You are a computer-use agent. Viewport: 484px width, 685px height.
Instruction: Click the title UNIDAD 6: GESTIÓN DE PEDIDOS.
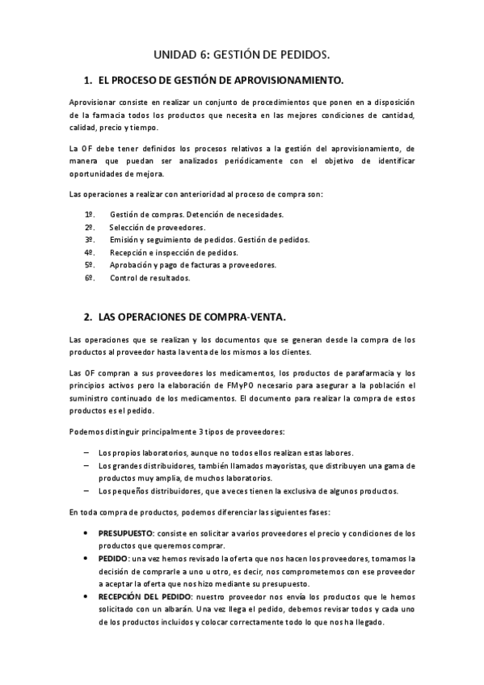pos(242,54)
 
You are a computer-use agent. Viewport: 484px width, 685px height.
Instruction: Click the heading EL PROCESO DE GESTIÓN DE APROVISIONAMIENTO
pos(221,81)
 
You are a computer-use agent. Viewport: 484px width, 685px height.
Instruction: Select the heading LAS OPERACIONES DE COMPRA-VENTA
pos(191,316)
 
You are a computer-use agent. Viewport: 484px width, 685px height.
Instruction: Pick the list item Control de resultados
pos(149,278)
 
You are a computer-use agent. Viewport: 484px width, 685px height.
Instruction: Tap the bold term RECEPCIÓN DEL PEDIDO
pos(145,596)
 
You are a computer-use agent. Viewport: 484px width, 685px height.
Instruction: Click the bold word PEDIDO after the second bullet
pos(112,558)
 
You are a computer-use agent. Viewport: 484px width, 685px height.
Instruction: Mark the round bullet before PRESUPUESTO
pos(87,532)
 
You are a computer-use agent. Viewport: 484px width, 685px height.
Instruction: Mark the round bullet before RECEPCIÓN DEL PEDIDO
pos(87,596)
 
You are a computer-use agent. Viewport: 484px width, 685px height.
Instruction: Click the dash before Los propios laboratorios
pos(86,453)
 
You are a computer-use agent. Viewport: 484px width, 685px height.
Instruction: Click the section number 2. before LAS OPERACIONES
pos(87,316)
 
